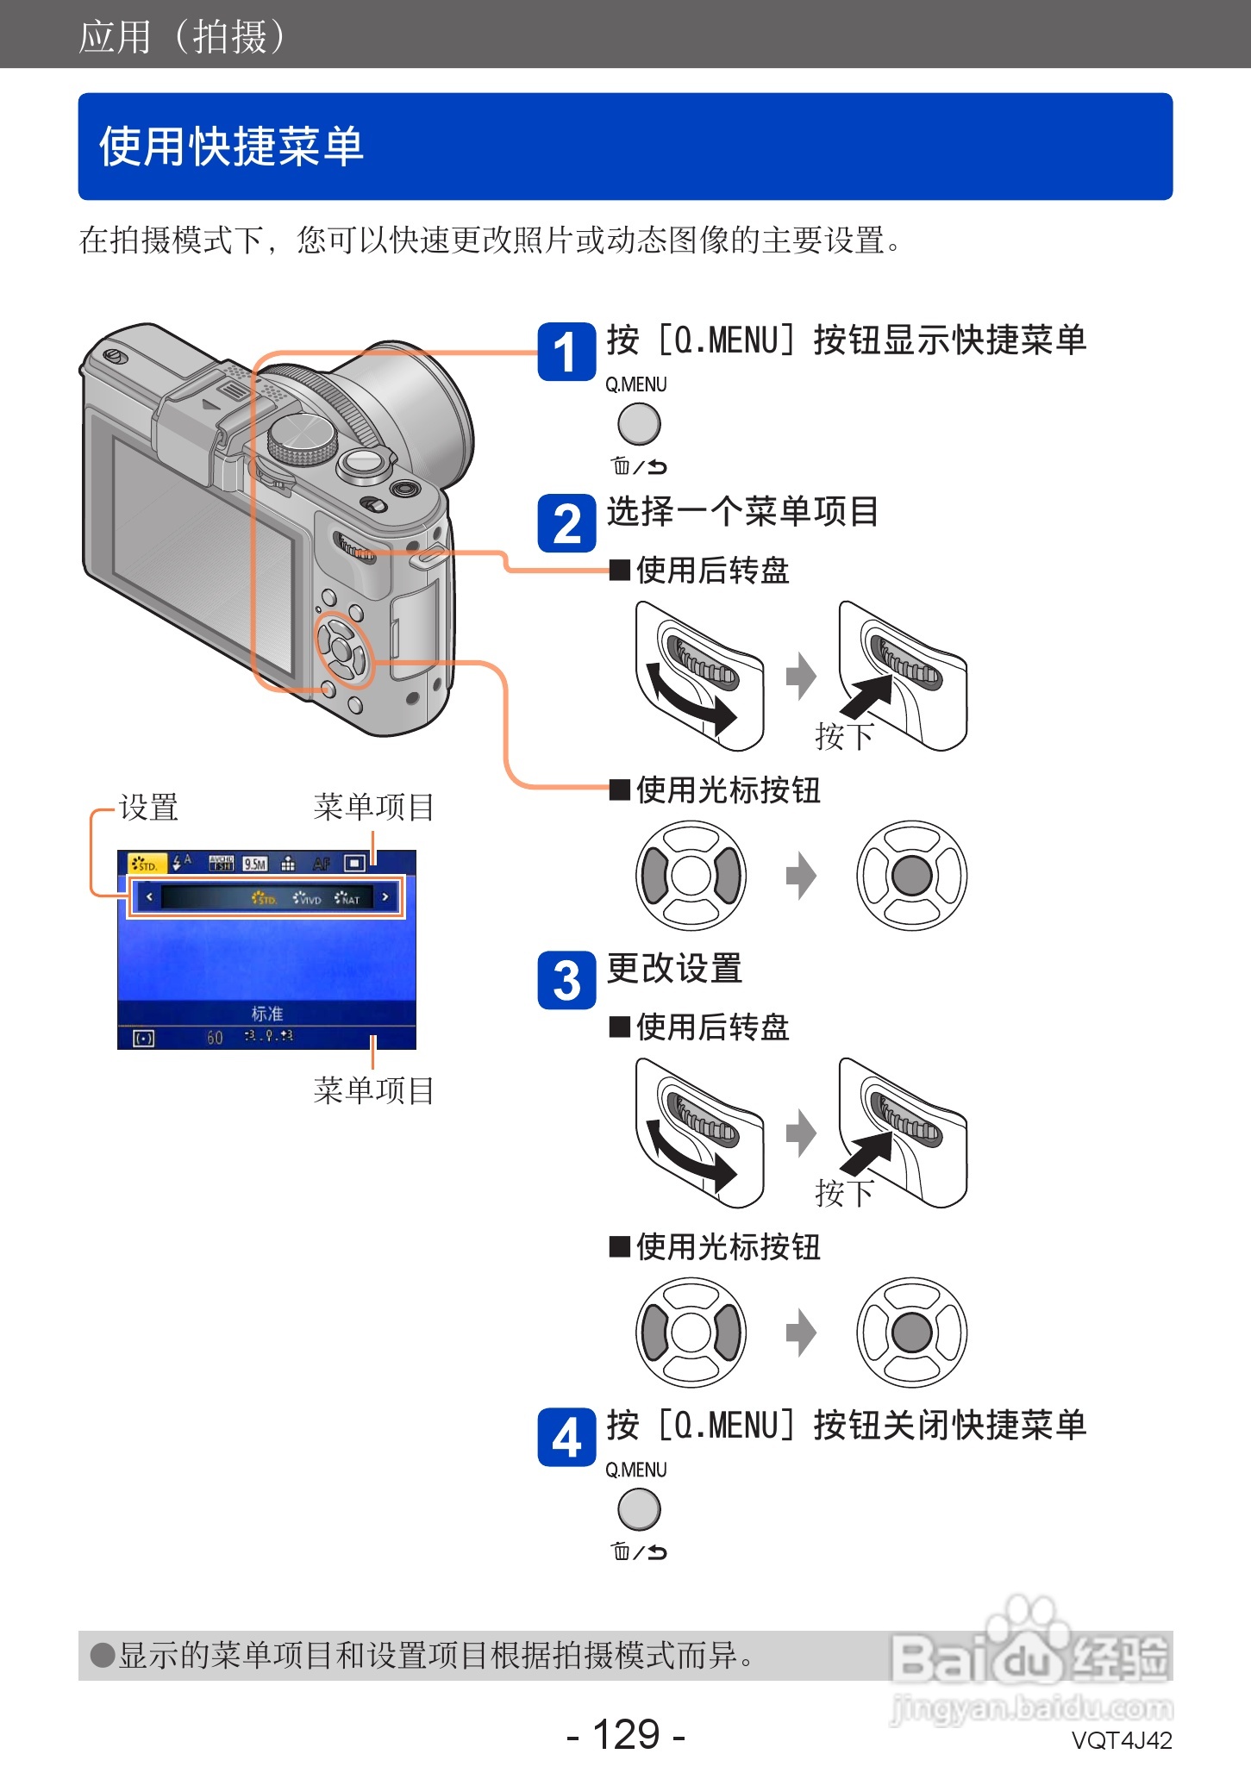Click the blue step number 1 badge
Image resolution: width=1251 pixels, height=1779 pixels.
[x=566, y=352]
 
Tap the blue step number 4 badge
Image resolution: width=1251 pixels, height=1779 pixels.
[x=566, y=1437]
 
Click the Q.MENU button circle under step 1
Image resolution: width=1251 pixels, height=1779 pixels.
[x=639, y=424]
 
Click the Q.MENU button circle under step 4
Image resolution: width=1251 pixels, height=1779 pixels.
[x=639, y=1509]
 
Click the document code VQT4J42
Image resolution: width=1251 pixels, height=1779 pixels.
[x=1121, y=1740]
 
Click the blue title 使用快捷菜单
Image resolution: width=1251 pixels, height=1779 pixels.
[x=231, y=146]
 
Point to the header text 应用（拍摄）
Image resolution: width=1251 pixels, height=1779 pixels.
[x=182, y=36]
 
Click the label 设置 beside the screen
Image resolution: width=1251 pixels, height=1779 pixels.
[x=148, y=808]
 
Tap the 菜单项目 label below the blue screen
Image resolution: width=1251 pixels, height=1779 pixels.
[x=373, y=1090]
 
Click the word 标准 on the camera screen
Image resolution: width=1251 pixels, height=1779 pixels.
[x=266, y=1013]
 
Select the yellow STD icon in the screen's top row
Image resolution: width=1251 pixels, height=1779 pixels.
[x=143, y=864]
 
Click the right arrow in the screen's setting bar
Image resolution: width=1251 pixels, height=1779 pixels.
[x=385, y=897]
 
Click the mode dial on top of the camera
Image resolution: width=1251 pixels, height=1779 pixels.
[x=302, y=440]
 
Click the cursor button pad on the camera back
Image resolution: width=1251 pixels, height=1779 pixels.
[x=342, y=652]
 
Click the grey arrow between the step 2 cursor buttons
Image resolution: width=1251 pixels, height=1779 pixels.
[x=801, y=876]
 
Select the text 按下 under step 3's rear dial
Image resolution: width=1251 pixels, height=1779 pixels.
[x=844, y=1193]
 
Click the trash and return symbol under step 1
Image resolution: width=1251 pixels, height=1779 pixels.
[x=639, y=466]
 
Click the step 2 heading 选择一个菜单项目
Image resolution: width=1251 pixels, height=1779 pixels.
[x=741, y=512]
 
